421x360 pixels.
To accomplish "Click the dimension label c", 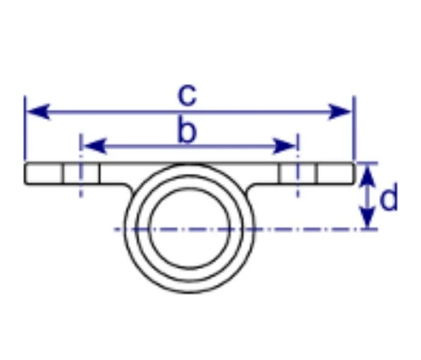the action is click(188, 95).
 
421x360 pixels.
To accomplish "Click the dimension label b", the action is click(188, 131).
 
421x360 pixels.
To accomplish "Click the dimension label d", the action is click(389, 197).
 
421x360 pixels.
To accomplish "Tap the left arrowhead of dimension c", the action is click(38, 111).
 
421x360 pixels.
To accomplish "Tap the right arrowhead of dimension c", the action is click(340, 111).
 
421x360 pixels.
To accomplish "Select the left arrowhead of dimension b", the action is click(95, 147).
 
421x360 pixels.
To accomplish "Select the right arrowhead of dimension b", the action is click(283, 147).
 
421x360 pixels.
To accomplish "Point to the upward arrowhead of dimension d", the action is click(367, 176).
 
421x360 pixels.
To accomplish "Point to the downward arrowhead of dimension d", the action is click(367, 216).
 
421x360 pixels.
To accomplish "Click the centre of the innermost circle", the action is click(189, 229).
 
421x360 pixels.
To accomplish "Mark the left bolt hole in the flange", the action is click(81, 173).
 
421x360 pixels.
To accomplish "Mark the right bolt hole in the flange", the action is click(298, 173).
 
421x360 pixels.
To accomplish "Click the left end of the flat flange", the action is click(25, 173).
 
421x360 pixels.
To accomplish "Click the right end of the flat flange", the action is click(354, 173).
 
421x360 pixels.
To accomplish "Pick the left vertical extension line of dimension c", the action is click(25, 128).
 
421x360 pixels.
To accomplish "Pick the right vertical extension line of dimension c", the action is click(354, 128).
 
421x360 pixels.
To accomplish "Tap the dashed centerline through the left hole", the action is click(81, 165).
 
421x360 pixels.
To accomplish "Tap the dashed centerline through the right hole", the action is click(298, 165).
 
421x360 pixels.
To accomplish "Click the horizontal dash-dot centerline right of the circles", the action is click(316, 230).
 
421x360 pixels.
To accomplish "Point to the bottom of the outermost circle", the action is click(189, 292).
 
